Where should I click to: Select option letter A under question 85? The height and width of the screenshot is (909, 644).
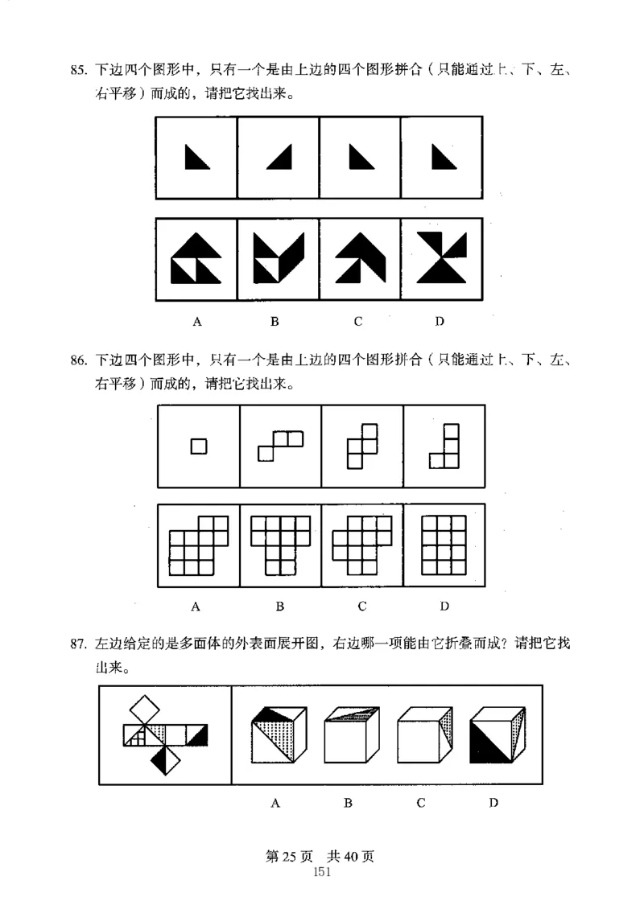[x=196, y=322]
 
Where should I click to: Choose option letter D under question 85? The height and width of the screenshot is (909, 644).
[x=440, y=322]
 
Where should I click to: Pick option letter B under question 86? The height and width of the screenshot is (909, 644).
[x=280, y=606]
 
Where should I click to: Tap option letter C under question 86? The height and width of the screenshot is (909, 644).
[x=362, y=606]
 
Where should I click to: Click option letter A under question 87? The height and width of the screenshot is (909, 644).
[x=275, y=803]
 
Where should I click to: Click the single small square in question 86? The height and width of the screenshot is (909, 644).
[x=198, y=445]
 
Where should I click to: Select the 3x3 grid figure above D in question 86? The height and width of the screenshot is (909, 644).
[x=444, y=545]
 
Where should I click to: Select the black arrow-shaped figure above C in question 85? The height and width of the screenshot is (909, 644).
[x=359, y=258]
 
